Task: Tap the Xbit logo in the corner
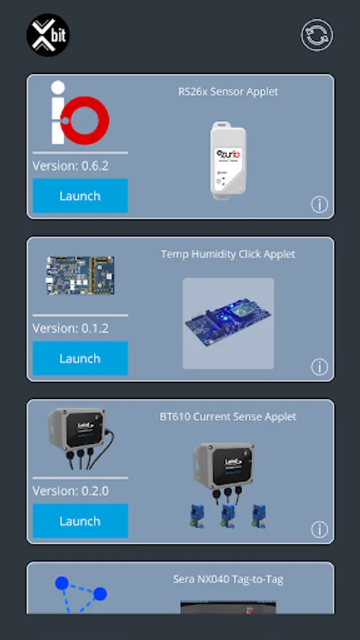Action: [48, 35]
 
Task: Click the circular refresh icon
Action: [317, 36]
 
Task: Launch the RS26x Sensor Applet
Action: [80, 196]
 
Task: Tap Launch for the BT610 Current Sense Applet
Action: [80, 521]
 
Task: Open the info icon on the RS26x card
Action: [319, 205]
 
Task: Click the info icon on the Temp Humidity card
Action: [319, 367]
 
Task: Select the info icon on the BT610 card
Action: [319, 530]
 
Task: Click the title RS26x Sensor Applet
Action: [228, 92]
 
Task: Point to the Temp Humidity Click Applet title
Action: [228, 254]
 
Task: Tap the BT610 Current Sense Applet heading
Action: [228, 417]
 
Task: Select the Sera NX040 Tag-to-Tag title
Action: [228, 580]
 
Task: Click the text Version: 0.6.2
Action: [70, 166]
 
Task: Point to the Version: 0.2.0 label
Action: [70, 491]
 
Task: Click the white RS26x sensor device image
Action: [228, 159]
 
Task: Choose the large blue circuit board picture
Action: [228, 324]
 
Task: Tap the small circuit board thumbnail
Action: [80, 276]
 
